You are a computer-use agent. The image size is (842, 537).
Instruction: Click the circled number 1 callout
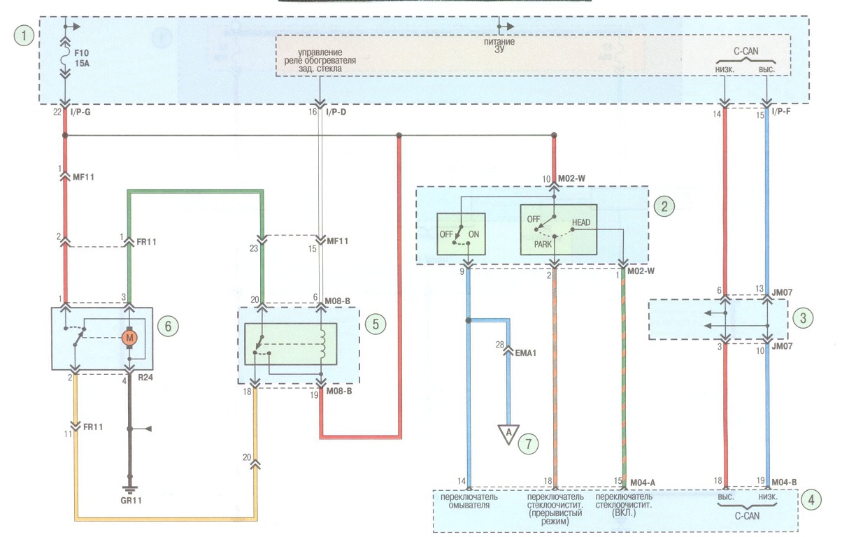24,36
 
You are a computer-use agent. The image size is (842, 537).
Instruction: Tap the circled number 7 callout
528,444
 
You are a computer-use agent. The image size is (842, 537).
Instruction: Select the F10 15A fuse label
82,58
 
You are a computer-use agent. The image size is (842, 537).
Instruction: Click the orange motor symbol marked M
129,338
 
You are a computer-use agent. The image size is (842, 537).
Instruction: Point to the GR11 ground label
131,501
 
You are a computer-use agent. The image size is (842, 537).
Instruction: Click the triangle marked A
508,434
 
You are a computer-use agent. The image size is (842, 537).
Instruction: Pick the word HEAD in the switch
581,222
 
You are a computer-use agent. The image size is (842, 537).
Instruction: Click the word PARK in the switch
543,244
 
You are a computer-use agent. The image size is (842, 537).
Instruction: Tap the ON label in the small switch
473,234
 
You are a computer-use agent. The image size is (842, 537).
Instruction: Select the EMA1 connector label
525,353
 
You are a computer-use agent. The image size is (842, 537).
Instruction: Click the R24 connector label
145,378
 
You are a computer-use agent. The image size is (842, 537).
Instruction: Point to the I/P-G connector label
80,112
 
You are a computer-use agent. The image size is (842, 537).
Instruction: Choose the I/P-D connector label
336,112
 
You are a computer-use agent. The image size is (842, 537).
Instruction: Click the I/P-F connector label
780,111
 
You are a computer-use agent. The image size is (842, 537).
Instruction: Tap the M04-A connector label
643,482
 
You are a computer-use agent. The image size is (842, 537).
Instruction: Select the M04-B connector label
784,482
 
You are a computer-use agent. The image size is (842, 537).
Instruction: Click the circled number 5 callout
376,324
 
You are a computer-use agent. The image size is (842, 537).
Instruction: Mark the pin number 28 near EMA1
499,344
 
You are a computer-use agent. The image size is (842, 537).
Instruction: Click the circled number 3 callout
803,318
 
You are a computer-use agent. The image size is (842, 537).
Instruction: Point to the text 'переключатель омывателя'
469,501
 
